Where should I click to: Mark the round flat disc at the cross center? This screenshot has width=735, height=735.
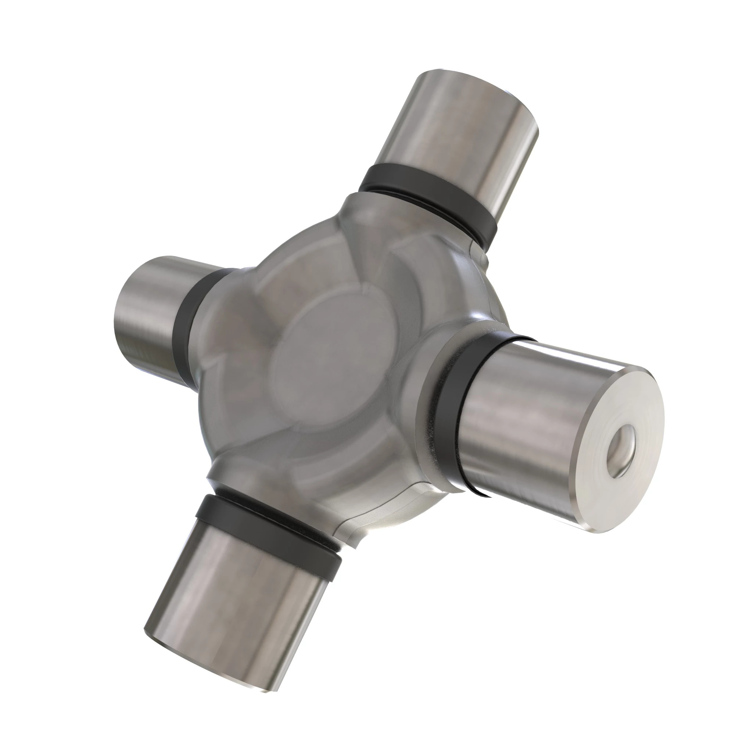pyautogui.click(x=335, y=354)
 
